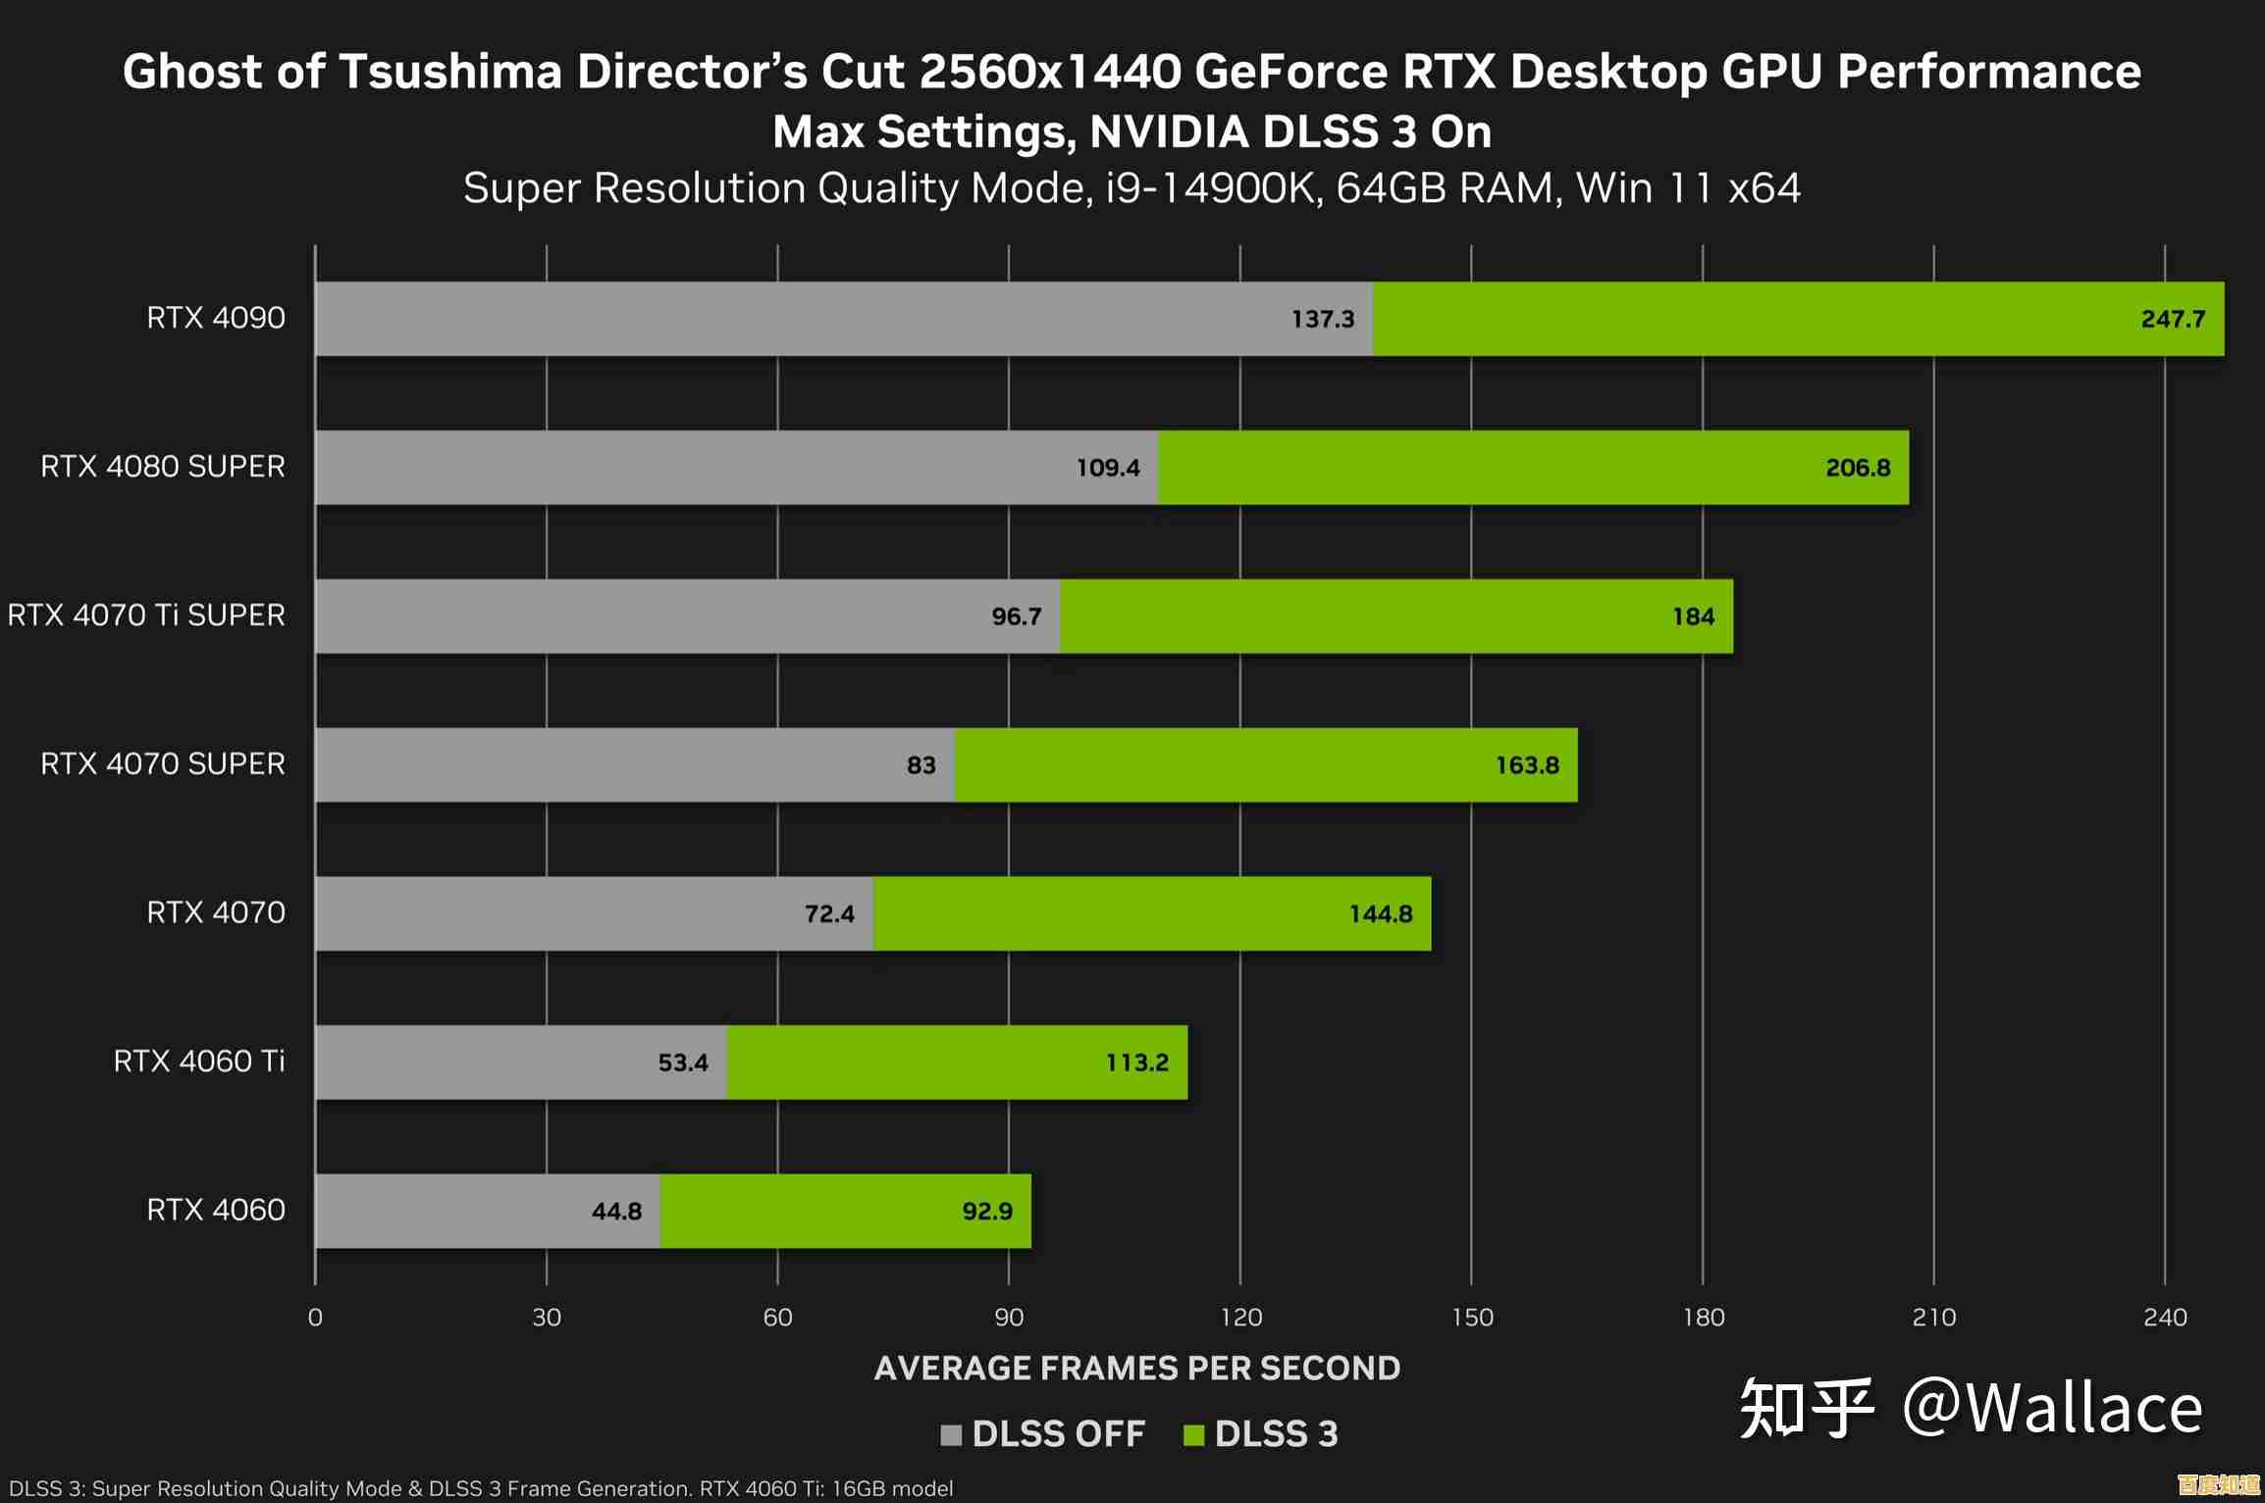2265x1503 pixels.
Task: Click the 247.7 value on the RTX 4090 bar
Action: pyautogui.click(x=2172, y=319)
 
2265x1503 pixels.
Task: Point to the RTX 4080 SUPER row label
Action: pyautogui.click(x=163, y=467)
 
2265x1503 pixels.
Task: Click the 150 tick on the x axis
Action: pyautogui.click(x=1472, y=1318)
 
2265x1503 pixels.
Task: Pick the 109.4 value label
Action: pyautogui.click(x=1108, y=468)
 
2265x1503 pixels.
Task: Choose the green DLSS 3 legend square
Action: pyautogui.click(x=1193, y=1435)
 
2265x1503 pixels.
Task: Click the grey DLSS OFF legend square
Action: pyautogui.click(x=950, y=1435)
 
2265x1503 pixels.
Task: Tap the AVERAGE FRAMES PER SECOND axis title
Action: pyautogui.click(x=1136, y=1369)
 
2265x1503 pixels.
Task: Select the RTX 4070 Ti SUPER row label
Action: pyautogui.click(x=146, y=615)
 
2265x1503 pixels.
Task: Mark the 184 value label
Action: pyautogui.click(x=1693, y=617)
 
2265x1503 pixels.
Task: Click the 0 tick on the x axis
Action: pyautogui.click(x=315, y=1318)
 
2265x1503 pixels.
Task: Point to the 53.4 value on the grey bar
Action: pyautogui.click(x=682, y=1062)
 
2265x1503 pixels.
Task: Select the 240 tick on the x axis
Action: pyautogui.click(x=2165, y=1318)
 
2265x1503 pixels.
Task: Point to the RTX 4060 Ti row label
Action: pyautogui.click(x=199, y=1062)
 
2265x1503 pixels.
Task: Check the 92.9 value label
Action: pyautogui.click(x=986, y=1212)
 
